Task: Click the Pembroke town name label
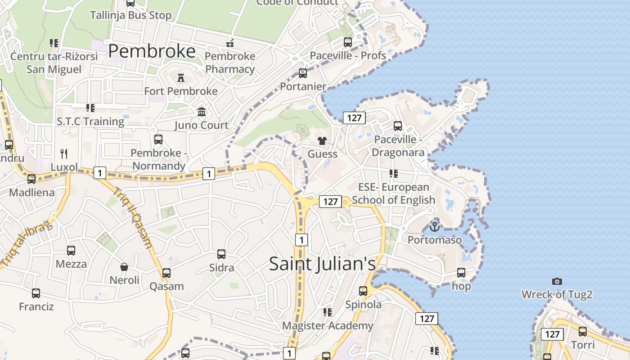click(152, 51)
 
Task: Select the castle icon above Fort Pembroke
click(181, 78)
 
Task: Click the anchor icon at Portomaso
click(434, 226)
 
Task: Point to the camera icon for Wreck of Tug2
click(557, 281)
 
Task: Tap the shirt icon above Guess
click(322, 141)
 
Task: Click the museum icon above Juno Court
click(202, 112)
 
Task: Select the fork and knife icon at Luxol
click(64, 154)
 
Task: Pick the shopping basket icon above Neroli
click(124, 267)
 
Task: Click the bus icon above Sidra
click(221, 254)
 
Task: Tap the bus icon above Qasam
click(166, 273)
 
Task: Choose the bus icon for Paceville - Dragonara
click(398, 126)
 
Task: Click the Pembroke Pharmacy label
click(230, 63)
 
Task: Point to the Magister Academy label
click(328, 325)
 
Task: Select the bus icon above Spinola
click(363, 291)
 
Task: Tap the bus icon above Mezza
click(71, 251)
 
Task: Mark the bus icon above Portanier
click(303, 73)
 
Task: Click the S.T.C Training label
click(90, 121)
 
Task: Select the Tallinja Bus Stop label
click(130, 15)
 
